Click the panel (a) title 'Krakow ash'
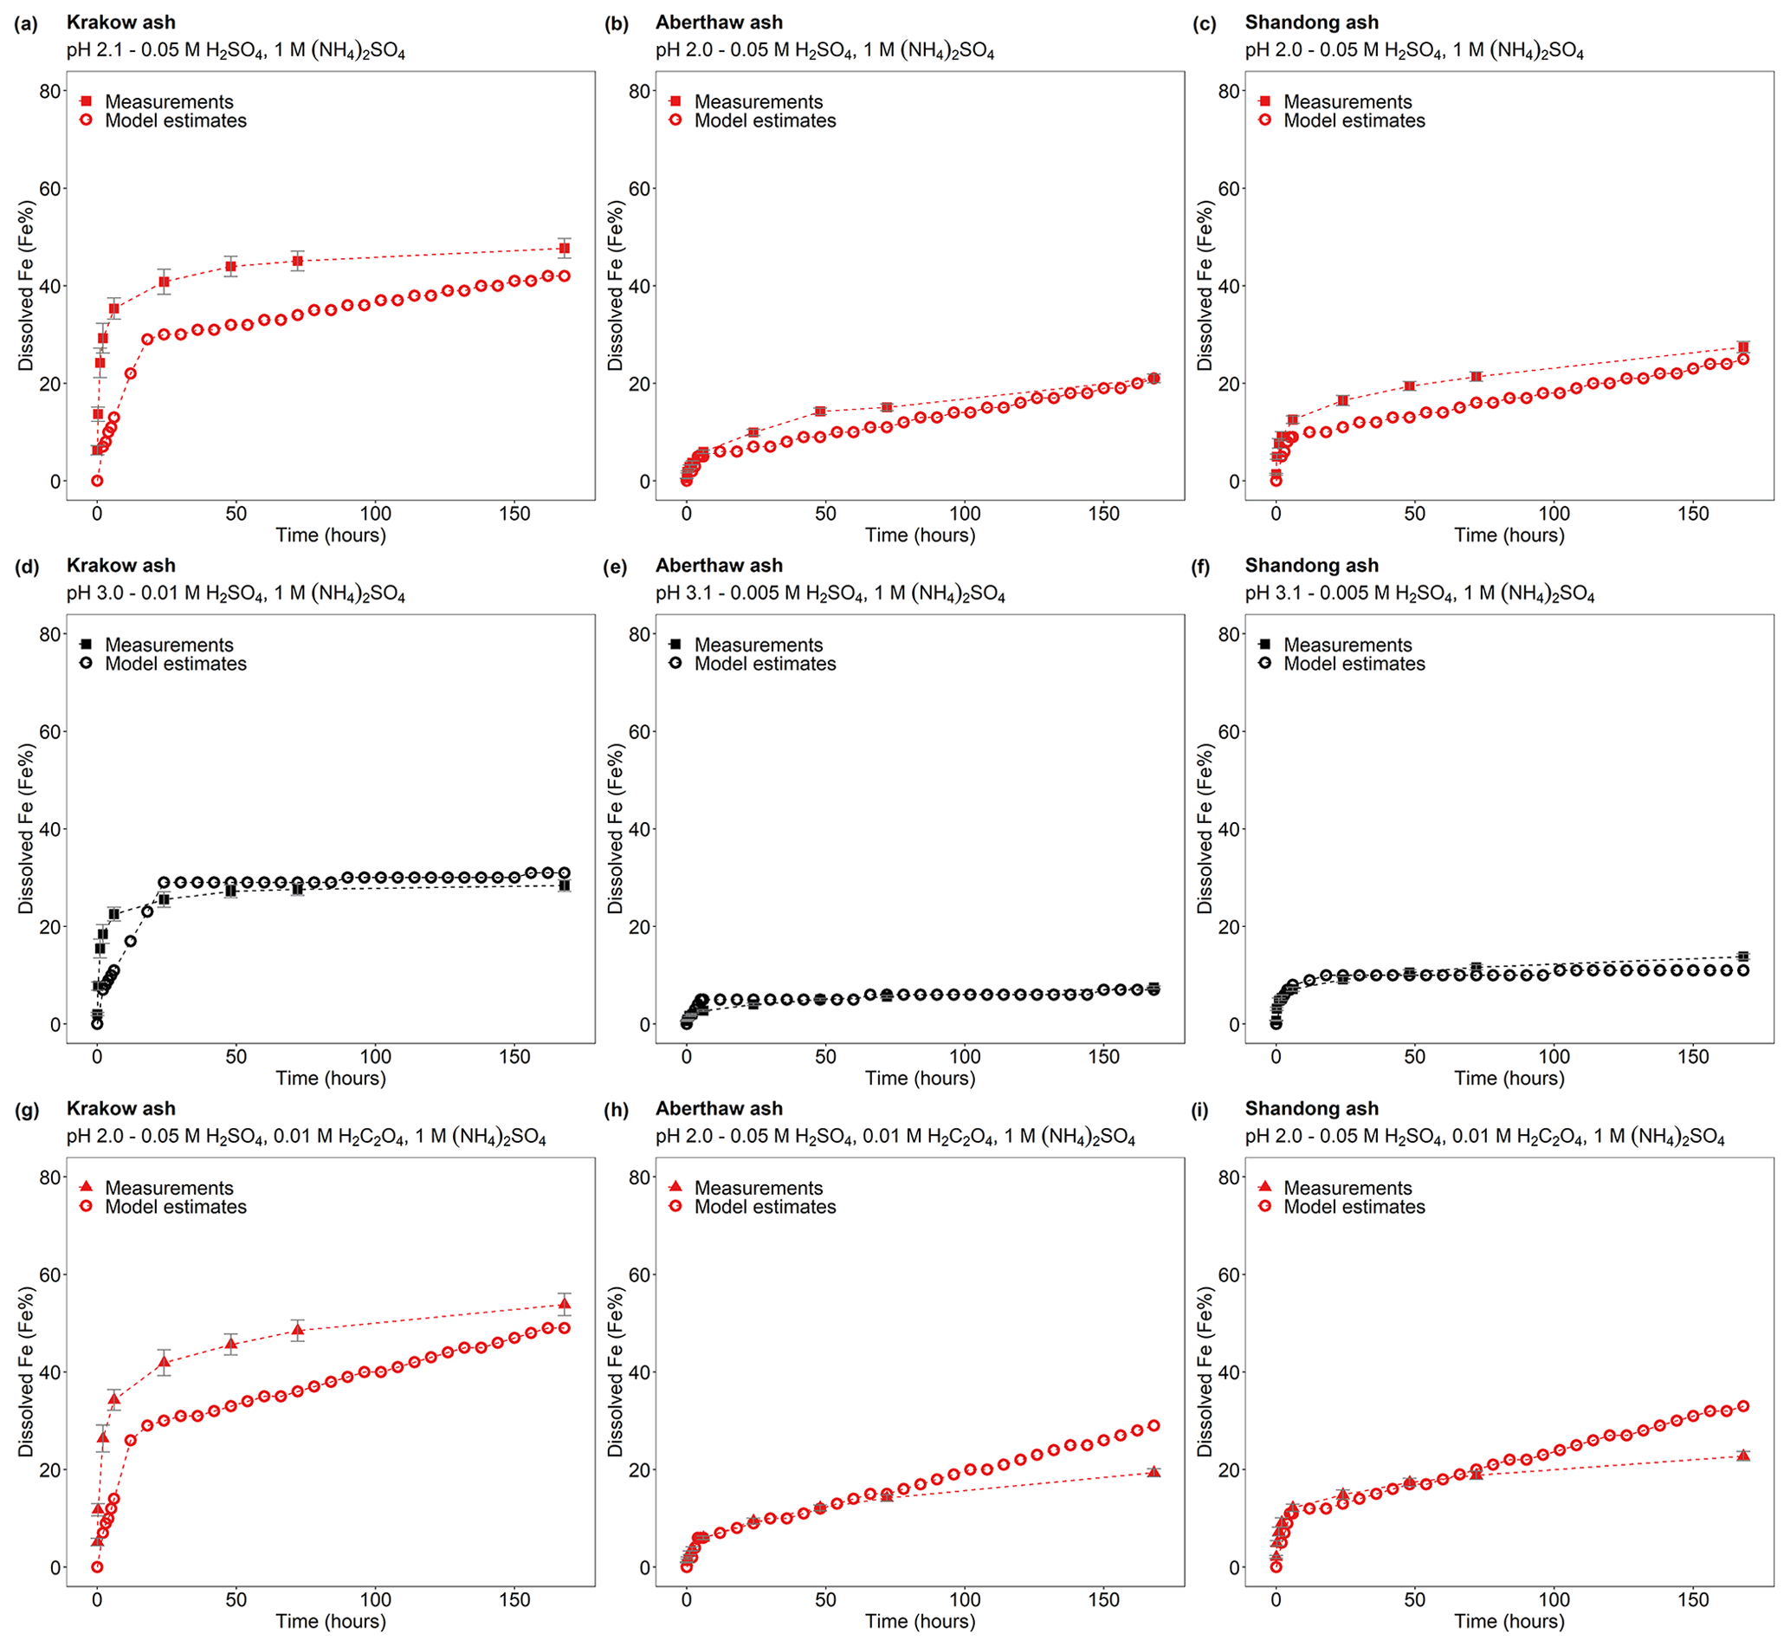point(121,23)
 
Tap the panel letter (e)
point(616,567)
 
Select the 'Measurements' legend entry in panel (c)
point(1347,101)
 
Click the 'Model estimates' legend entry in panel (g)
point(175,1207)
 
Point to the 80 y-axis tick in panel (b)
point(640,91)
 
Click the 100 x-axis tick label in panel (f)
point(1554,1057)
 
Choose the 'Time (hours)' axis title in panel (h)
point(920,1621)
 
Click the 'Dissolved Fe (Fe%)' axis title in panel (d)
point(26,828)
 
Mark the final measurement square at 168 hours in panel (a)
point(564,249)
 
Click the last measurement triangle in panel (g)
point(564,1304)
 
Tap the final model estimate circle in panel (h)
point(1153,1425)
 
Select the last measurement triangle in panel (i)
point(1742,1456)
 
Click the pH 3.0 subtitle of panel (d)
point(236,594)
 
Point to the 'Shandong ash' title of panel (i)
point(1310,1109)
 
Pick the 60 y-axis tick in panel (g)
point(50,1274)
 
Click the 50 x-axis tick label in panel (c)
point(1414,515)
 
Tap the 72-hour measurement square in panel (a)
point(298,261)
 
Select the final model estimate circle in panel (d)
point(564,873)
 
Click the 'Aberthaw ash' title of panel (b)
point(719,23)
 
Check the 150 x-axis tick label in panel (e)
point(1103,1057)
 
